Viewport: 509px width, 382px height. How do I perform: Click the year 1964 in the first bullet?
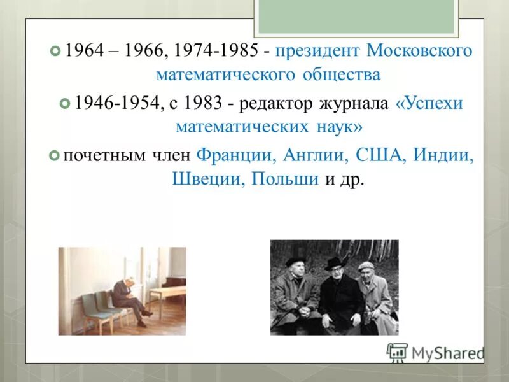click(84, 51)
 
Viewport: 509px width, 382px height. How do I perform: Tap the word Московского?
click(419, 51)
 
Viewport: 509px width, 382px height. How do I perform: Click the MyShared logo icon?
click(397, 352)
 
